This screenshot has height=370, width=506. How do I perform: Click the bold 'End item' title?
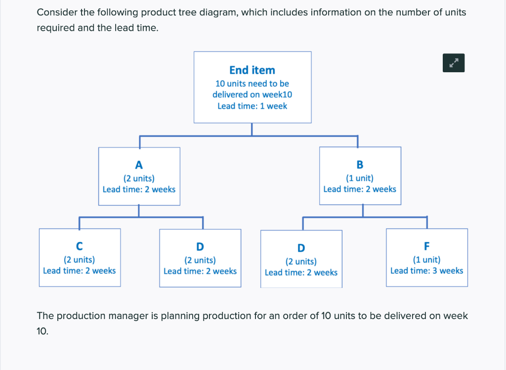point(252,70)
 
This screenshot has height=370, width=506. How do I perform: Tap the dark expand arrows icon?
point(454,63)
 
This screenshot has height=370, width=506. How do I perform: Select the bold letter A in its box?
point(139,165)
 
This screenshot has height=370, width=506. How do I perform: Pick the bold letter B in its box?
point(360,165)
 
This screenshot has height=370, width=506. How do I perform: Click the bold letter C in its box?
point(79,246)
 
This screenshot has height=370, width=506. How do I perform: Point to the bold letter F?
point(427,246)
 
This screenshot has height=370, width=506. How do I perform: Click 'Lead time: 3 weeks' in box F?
point(426,271)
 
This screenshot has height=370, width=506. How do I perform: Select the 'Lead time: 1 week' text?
point(252,106)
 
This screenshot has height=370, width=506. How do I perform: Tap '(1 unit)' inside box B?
point(360,178)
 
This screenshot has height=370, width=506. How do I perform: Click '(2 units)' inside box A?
point(139,178)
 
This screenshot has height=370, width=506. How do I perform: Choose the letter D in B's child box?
point(301,248)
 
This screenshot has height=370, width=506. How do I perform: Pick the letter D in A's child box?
point(200,246)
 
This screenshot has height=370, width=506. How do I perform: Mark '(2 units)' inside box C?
point(79,259)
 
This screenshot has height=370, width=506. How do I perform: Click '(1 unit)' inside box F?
point(426,259)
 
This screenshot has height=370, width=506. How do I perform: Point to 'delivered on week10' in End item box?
point(252,94)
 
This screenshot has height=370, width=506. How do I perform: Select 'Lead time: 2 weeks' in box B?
point(360,189)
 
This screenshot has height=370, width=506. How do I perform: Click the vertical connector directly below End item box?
point(252,129)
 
